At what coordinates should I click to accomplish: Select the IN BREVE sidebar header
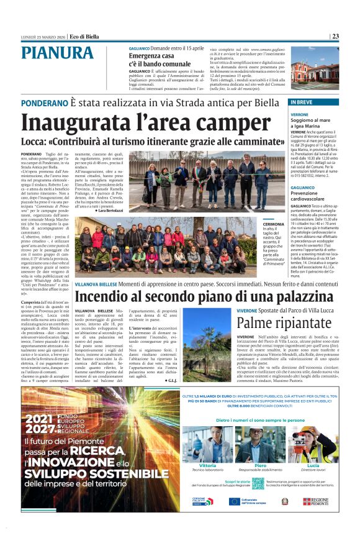(x=302, y=102)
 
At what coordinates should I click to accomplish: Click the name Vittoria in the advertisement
(x=208, y=465)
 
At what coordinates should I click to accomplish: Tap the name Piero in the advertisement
(x=261, y=465)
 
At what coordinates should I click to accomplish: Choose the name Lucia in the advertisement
(x=313, y=465)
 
